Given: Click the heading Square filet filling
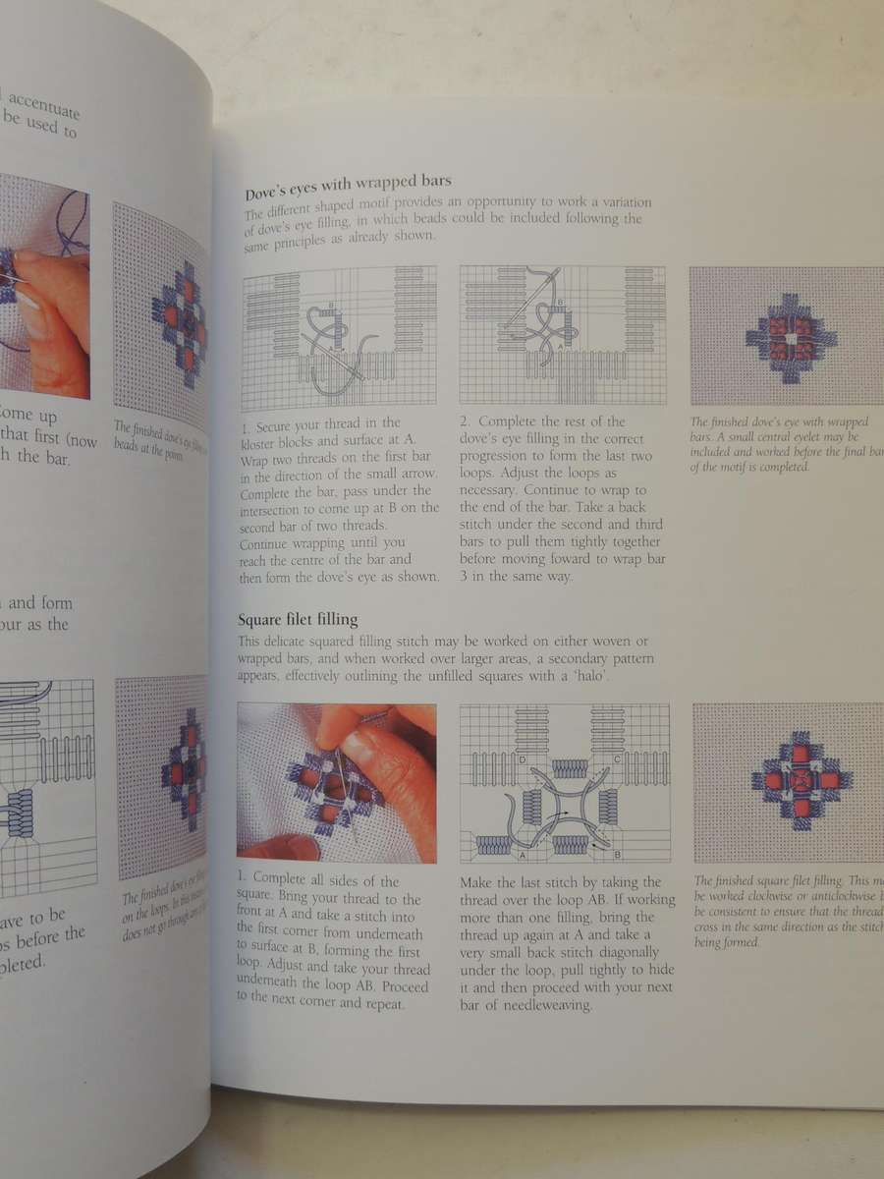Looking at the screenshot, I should click(298, 619).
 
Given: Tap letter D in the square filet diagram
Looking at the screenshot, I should click(496, 759).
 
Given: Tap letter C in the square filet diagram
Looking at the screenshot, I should click(615, 758).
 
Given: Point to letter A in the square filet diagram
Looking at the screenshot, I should click(495, 856).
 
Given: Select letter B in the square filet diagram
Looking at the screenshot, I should click(617, 854).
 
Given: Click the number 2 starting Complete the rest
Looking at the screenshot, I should click(465, 421).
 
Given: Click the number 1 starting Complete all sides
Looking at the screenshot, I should click(243, 880).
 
